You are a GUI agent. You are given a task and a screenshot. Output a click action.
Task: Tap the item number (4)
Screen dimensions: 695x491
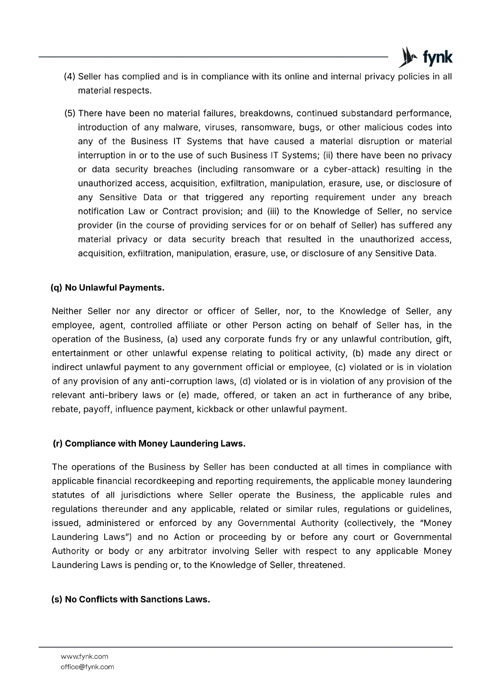(70, 77)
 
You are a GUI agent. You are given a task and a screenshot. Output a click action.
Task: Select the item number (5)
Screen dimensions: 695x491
(70, 113)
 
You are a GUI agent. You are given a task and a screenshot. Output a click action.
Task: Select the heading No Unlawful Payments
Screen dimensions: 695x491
(108, 288)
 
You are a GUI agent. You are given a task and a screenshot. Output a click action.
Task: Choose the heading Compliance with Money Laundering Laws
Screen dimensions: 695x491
(149, 443)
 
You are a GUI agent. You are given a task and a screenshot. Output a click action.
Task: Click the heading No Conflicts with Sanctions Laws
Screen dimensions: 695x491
(131, 599)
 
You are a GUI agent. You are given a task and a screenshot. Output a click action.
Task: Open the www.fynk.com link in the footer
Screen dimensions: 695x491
(84, 656)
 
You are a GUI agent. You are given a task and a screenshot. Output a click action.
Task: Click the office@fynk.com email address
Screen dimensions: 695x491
(87, 667)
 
